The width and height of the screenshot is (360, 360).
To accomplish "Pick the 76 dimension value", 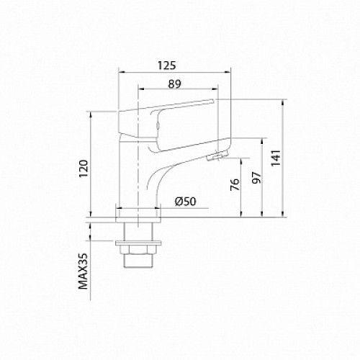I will pos(234,186).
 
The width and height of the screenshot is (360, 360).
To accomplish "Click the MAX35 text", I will pos(83,270).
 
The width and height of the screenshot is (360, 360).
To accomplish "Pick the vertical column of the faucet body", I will pos(134,173).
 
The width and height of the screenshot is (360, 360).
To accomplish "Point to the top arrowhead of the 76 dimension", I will pos(241,158).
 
